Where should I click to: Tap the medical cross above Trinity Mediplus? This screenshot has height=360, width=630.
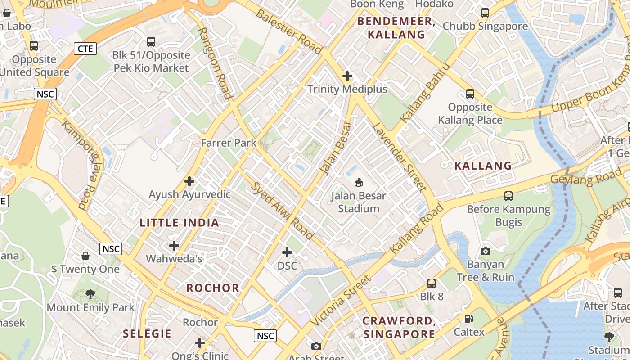coord(347,76)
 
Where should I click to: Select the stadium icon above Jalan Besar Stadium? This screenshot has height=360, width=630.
coord(359,182)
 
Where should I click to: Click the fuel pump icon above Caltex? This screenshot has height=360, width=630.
coord(469,319)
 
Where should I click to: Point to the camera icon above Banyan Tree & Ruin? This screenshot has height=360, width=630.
coord(485,251)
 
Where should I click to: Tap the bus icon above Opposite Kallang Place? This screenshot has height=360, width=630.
coord(470,94)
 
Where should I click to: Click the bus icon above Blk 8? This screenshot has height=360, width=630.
coord(432,283)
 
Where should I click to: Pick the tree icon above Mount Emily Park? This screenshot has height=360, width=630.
coord(90,294)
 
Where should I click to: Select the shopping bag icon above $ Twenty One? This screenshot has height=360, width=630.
coord(85,256)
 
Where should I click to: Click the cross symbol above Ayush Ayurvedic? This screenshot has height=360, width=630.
coord(189,181)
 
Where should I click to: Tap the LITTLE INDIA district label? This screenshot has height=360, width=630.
coord(179,222)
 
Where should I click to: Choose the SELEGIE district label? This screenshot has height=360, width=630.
coord(147,333)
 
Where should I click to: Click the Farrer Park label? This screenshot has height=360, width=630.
coord(229,143)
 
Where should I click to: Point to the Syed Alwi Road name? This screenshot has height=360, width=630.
coord(282,210)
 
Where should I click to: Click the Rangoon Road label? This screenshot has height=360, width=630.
coord(215,63)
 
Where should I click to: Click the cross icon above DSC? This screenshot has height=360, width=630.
coord(287,252)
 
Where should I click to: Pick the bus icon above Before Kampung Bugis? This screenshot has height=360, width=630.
coord(508,196)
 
